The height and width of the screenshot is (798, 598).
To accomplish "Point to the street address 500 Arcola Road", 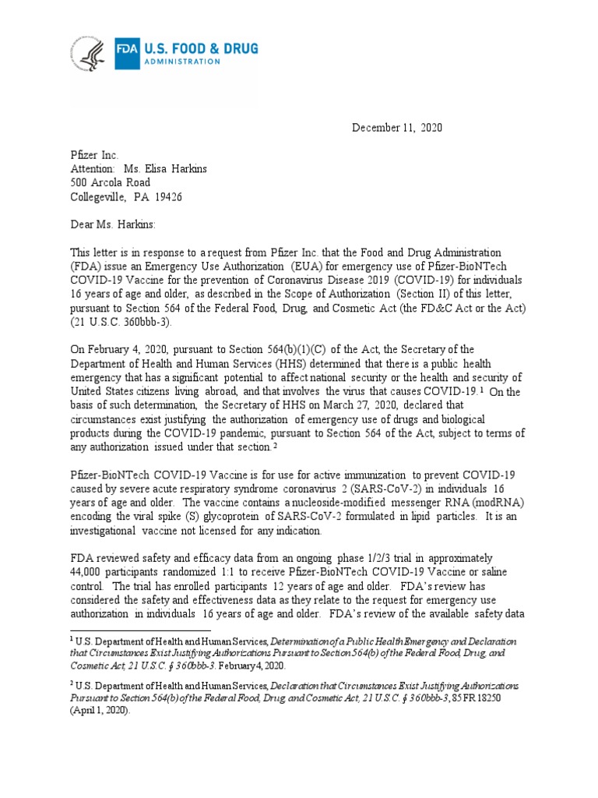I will [x=111, y=183].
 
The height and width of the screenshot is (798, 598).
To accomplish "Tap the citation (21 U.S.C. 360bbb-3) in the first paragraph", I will [x=118, y=323].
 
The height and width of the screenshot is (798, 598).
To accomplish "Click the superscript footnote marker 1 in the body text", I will [x=483, y=389].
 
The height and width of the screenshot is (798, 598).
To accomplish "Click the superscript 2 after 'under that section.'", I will [x=276, y=445].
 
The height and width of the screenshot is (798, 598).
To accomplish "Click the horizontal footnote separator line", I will [x=141, y=630].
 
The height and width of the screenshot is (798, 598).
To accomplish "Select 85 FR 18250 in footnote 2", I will [x=469, y=699].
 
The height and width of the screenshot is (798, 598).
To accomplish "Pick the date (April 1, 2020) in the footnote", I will [x=99, y=711].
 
